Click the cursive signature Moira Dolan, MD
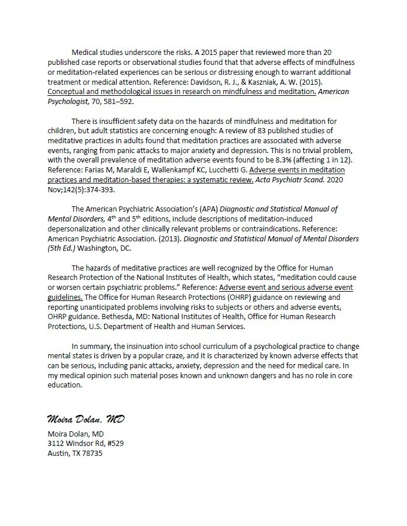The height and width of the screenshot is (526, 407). coord(85,420)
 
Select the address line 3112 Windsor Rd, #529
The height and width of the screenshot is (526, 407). coord(85,444)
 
